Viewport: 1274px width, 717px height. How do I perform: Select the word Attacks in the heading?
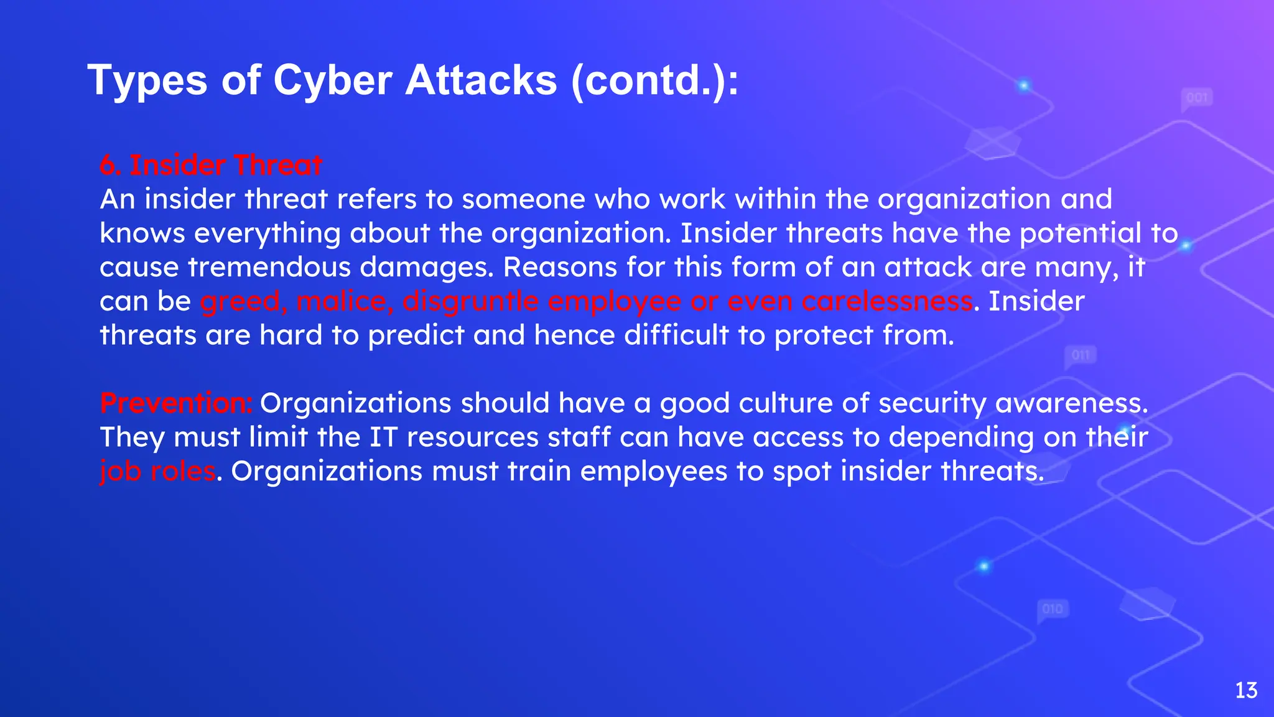click(x=481, y=81)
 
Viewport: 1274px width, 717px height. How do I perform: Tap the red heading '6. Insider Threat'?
click(x=211, y=166)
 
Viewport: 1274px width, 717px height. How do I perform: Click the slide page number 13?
click(x=1246, y=690)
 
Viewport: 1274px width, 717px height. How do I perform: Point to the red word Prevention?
click(x=176, y=403)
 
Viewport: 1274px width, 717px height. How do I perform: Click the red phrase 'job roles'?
click(x=157, y=471)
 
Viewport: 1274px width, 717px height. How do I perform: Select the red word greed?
click(x=243, y=302)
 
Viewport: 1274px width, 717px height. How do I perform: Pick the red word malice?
click(x=345, y=301)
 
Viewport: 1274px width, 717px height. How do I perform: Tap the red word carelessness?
click(x=887, y=301)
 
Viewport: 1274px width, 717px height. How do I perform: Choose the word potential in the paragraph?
click(x=1080, y=233)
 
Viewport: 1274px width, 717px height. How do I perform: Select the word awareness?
click(x=1071, y=403)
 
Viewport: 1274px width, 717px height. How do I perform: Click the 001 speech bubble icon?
click(x=1197, y=98)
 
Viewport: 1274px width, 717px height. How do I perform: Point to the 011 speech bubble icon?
click(x=1081, y=356)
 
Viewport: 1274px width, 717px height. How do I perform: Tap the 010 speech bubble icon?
click(x=1053, y=609)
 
